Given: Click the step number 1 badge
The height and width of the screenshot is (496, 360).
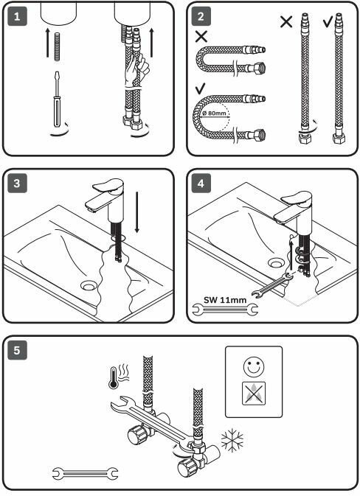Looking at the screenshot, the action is pos(17,16).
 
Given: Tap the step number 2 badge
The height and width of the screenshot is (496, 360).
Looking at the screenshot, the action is pos(201,16).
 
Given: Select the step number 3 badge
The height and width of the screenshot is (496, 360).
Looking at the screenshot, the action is pos(17,184).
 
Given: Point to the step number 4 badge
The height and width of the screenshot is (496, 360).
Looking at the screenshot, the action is pos(201,184).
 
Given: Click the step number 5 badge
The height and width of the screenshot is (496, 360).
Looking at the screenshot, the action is pos(17,350).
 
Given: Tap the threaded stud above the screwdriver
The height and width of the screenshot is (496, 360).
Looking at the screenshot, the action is pos(58,46).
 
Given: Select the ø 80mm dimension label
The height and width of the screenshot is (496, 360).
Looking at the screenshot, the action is pos(215,113).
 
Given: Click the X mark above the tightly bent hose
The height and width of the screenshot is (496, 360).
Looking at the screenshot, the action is pos(201,36).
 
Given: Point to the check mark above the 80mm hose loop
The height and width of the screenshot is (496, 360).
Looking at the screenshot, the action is pos(200,88).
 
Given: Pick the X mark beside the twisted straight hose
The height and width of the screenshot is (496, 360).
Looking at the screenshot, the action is pos(286,21).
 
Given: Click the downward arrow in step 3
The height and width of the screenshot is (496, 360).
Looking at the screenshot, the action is pos(136,212).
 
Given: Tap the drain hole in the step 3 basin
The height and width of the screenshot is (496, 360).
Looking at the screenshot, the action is pos(89,286).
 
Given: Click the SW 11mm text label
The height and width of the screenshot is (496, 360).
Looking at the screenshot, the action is pos(225,299).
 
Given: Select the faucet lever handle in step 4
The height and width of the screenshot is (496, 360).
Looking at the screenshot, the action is pos(296,198).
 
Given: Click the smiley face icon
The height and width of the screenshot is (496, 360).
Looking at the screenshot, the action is pos(253,366).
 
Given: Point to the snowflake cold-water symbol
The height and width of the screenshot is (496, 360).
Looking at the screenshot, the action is pos(232,440).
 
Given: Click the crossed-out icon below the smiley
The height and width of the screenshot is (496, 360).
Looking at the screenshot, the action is pos(254,394).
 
